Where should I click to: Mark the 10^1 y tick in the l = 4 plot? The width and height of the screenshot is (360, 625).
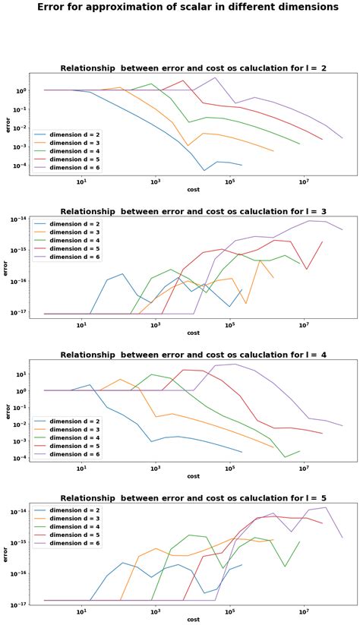[20, 374]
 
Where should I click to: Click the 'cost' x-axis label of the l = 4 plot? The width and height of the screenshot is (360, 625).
[193, 476]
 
